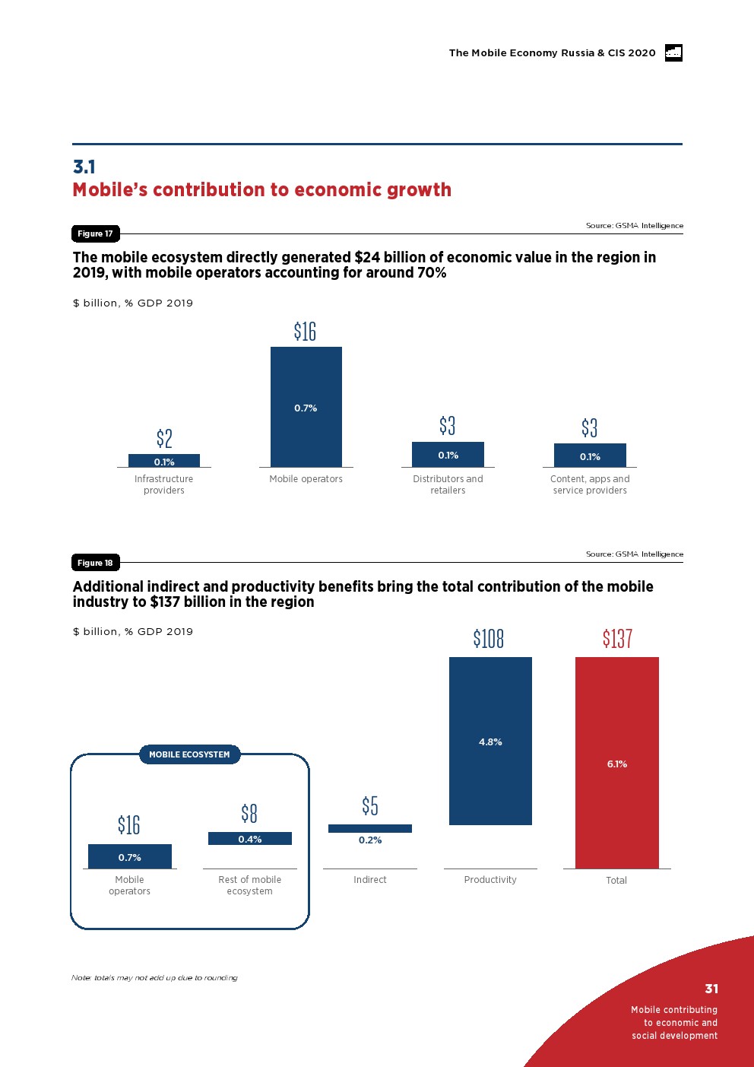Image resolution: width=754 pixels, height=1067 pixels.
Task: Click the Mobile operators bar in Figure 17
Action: point(306,407)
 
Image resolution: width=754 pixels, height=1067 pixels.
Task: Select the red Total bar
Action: point(616,762)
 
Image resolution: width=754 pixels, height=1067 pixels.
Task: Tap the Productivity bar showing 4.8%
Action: point(490,741)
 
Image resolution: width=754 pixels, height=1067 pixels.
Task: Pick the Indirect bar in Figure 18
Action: point(370,828)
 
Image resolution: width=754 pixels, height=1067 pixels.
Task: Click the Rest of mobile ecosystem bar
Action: point(250,838)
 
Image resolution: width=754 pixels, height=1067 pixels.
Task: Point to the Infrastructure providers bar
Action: point(164,460)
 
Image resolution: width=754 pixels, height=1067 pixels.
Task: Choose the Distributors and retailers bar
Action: point(448,454)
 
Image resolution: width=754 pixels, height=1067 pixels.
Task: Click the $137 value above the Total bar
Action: point(617,638)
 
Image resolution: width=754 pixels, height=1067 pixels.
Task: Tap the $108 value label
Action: point(489,638)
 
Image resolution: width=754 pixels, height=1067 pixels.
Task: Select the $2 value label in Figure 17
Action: point(164,438)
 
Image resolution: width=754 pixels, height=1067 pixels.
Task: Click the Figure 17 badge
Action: point(95,233)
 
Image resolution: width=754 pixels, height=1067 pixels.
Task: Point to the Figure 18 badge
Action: point(95,563)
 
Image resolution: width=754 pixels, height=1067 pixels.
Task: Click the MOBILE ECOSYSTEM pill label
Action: point(189,754)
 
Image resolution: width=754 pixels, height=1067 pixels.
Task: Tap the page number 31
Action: point(711,989)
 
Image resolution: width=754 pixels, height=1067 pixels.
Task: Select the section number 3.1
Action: point(84,167)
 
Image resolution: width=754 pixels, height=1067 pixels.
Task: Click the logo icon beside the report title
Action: point(673,52)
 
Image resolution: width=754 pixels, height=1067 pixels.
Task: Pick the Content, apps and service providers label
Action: point(590,484)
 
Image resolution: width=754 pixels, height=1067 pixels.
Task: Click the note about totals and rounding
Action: point(154,978)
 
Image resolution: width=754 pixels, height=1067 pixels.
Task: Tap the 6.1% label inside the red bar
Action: point(616,764)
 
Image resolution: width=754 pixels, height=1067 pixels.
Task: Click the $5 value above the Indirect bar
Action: point(370,805)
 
